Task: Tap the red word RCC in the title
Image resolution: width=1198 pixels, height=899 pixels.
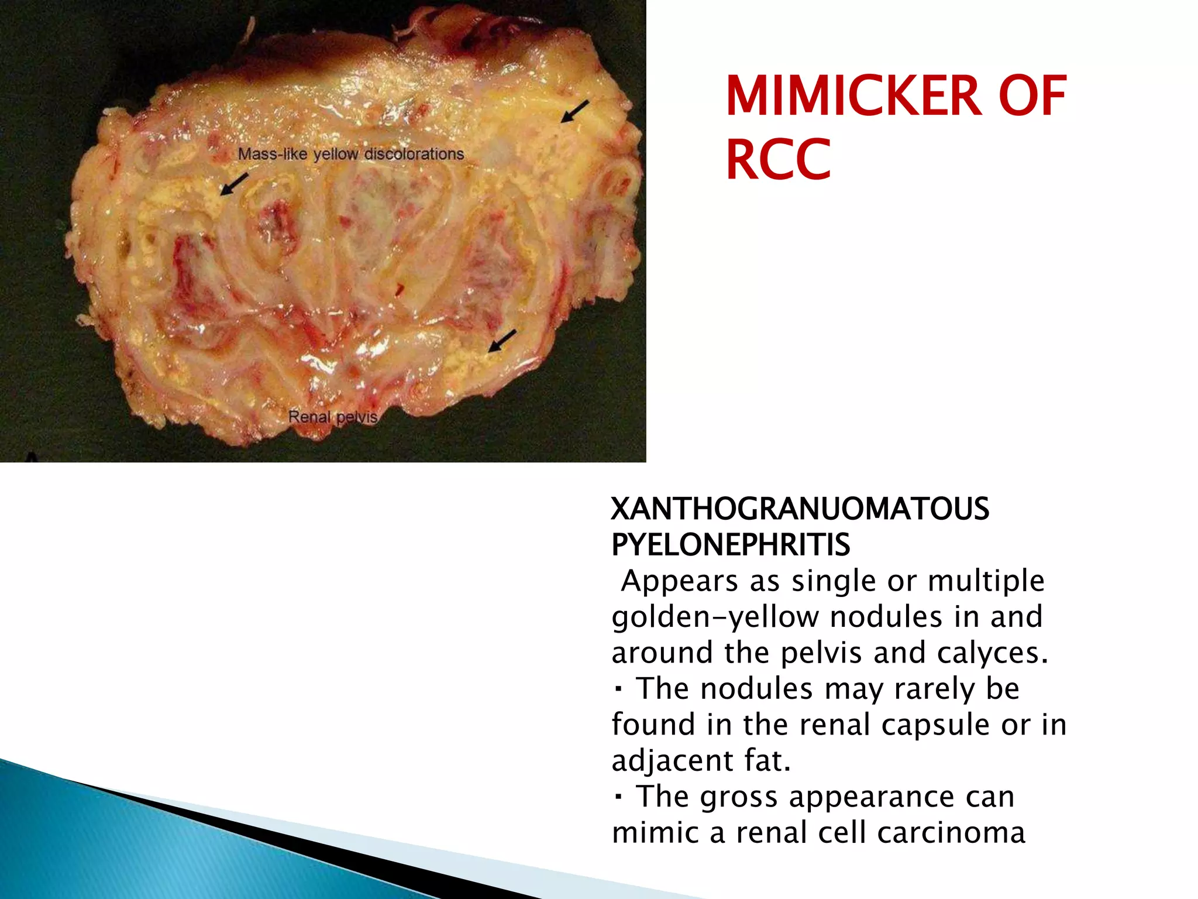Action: pyautogui.click(x=778, y=159)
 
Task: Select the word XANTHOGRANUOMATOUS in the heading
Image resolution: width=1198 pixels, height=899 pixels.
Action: pyautogui.click(x=800, y=509)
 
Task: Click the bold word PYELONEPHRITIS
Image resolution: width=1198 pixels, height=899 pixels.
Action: pyautogui.click(x=731, y=545)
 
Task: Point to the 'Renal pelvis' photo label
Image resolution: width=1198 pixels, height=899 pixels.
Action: pyautogui.click(x=333, y=417)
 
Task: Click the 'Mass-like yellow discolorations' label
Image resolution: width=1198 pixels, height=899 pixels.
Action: pyautogui.click(x=351, y=155)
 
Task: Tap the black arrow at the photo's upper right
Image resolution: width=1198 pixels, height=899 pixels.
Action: pyautogui.click(x=574, y=111)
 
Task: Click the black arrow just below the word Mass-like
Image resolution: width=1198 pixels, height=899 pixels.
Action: pyautogui.click(x=234, y=184)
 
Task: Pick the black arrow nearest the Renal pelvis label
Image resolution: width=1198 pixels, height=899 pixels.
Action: pyautogui.click(x=502, y=341)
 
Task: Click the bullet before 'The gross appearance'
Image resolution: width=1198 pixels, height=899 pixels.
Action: pyautogui.click(x=618, y=797)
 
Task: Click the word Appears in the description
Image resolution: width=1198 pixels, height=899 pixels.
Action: pyautogui.click(x=672, y=581)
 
